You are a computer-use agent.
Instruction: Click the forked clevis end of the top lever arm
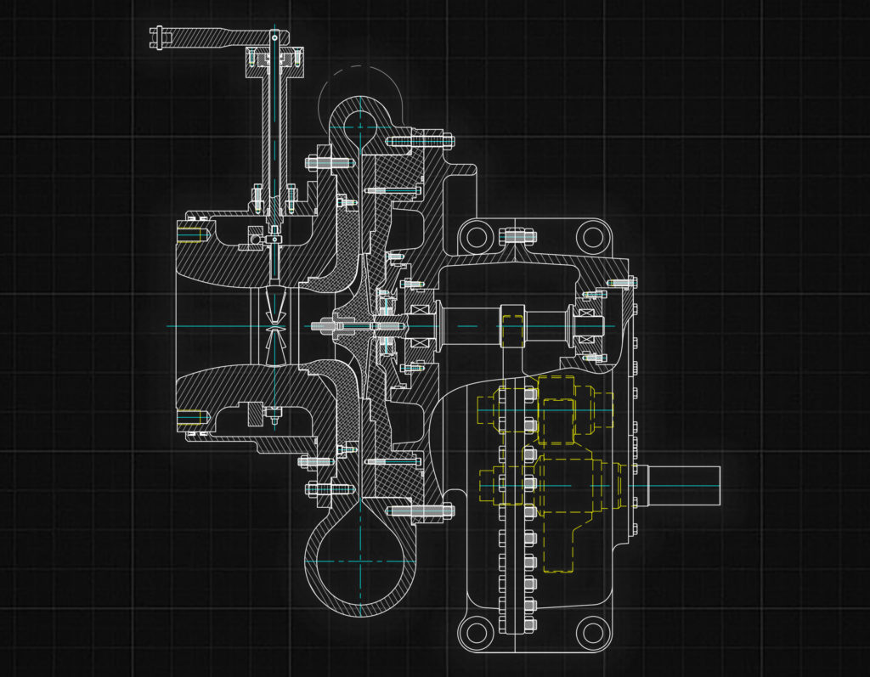pyautogui.click(x=159, y=37)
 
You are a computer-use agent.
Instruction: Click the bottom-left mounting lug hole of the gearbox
pyautogui.click(x=477, y=631)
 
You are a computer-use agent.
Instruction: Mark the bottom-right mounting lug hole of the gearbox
pyautogui.click(x=590, y=631)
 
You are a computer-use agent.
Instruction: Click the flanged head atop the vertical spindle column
pyautogui.click(x=274, y=59)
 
